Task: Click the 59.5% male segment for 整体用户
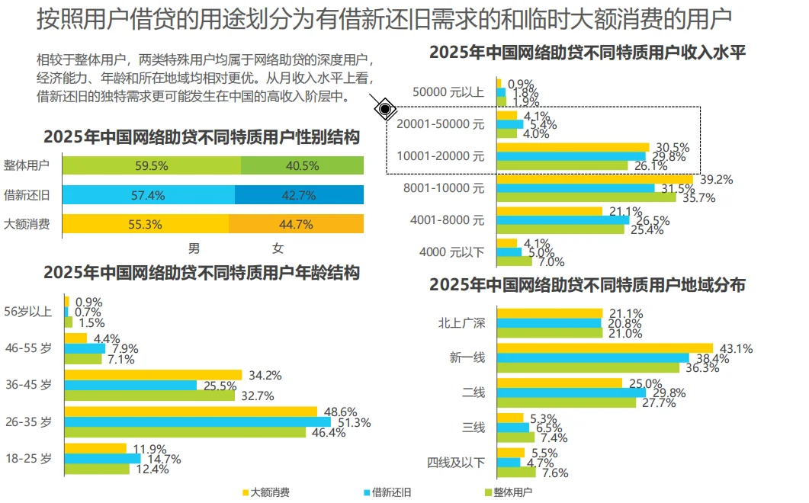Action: point(150,165)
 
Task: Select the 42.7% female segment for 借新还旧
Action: point(299,195)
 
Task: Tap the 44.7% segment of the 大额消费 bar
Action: point(296,224)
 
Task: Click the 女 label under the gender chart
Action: point(278,248)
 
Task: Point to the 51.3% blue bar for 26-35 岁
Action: point(197,421)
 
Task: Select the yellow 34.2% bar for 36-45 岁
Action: point(152,375)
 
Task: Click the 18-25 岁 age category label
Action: point(28,458)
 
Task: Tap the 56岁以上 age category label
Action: point(28,311)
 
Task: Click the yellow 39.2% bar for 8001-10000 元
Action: point(594,180)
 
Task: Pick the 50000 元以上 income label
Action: point(448,92)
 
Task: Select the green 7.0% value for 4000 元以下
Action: point(551,261)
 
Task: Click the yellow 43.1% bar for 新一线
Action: point(604,348)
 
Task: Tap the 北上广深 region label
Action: point(461,322)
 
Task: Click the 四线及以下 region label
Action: point(456,463)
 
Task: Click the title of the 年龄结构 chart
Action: point(201,273)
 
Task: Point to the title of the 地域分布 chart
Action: point(587,285)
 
